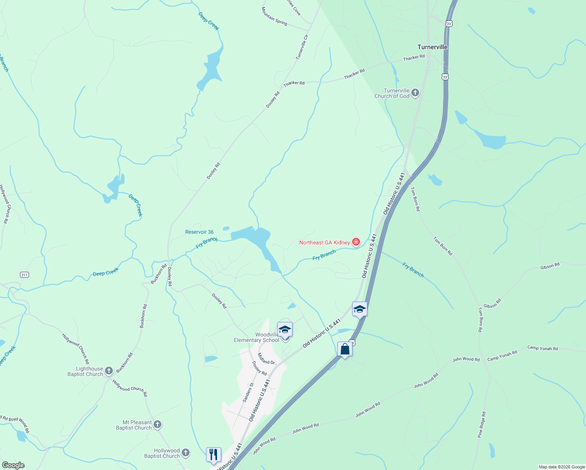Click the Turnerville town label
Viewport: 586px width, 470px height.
coord(432,47)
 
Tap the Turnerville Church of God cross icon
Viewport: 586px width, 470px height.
coord(415,93)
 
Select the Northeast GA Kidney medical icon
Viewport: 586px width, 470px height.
coord(356,242)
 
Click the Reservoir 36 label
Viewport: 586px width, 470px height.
coord(199,232)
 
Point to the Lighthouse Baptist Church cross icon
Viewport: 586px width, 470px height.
coord(109,371)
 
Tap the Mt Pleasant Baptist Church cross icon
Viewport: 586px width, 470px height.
coord(157,425)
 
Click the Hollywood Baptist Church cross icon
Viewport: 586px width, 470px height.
coord(186,453)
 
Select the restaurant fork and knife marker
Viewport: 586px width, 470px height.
coord(213,455)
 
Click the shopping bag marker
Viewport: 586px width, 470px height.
coord(345,349)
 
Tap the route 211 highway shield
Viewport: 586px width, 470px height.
coord(24,275)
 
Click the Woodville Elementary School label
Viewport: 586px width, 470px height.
coord(257,337)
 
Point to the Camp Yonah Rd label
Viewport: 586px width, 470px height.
coord(543,348)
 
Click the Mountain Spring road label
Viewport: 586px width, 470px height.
coord(274,16)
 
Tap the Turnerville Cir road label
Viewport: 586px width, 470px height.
coord(302,47)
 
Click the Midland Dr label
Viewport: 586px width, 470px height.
coord(266,359)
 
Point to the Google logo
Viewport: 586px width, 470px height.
coord(13,465)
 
